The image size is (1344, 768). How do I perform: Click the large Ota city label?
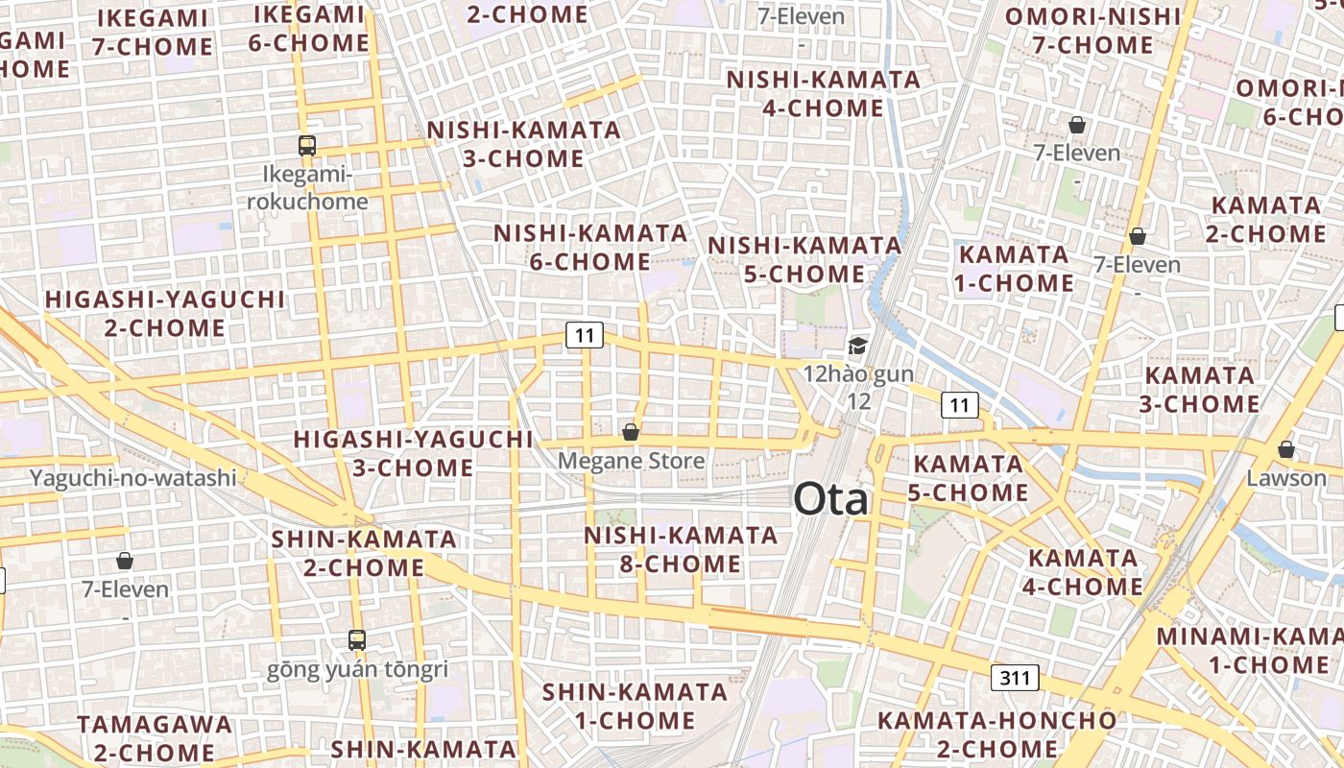coord(830,500)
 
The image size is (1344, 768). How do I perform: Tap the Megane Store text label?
coord(631,461)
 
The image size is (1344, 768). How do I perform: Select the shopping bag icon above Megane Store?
coord(631,432)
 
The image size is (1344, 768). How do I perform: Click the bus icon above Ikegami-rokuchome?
coord(307,146)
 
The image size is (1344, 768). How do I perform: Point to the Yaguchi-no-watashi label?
coord(133,477)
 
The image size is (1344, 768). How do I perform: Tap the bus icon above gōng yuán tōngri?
coord(357,639)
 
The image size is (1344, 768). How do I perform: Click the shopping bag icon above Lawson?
coord(1285,449)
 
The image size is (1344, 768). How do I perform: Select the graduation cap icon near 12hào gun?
coord(857,346)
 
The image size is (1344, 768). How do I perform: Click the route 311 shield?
coord(1015,678)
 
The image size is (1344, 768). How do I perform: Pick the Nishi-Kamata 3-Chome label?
coord(524,144)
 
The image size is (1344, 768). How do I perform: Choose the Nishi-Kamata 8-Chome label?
coord(681,549)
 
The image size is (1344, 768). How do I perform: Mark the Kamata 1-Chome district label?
coord(1015,269)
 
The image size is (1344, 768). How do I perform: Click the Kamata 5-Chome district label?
coord(969,478)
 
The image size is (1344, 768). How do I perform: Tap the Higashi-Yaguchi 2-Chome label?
coord(165,314)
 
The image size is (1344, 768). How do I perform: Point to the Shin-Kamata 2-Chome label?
coord(364,553)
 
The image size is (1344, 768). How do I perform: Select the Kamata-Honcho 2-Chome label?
coord(996,734)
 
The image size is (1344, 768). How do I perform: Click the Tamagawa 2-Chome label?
coord(155,737)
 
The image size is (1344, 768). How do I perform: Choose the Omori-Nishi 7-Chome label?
coord(1092,31)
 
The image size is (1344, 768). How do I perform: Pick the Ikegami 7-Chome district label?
coord(154,32)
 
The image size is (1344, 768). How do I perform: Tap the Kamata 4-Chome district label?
coord(1084,572)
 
